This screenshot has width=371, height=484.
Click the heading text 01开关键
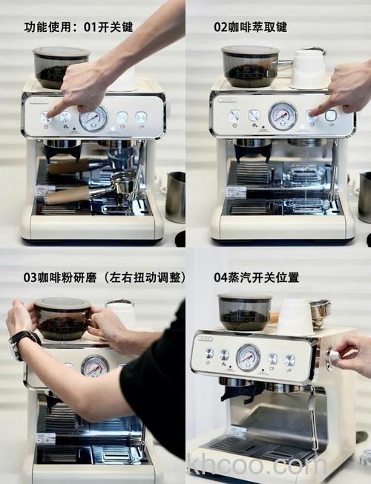pyautogui.click(x=108, y=27)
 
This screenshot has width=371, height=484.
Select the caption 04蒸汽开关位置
pyautogui.click(x=256, y=277)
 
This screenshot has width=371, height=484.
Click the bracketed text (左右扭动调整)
pyautogui.click(x=145, y=277)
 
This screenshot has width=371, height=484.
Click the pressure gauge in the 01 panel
pyautogui.click(x=93, y=119)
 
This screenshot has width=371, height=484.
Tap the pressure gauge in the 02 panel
pyautogui.click(x=282, y=116)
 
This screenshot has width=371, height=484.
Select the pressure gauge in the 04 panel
pyautogui.click(x=248, y=357)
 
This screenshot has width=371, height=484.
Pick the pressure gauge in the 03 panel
pyautogui.click(x=94, y=366)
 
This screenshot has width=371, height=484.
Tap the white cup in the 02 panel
pyautogui.click(x=309, y=69)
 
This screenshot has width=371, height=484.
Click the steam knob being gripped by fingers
pyautogui.click(x=333, y=356)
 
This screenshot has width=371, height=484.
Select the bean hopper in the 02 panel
pyautogui.click(x=250, y=67)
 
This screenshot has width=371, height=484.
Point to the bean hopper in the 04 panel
pyautogui.click(x=244, y=312)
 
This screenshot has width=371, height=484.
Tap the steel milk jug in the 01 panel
pyautogui.click(x=175, y=197)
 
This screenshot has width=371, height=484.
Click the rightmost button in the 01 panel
pyautogui.click(x=140, y=117)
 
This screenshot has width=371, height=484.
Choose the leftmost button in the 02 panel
pyautogui.click(x=234, y=116)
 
